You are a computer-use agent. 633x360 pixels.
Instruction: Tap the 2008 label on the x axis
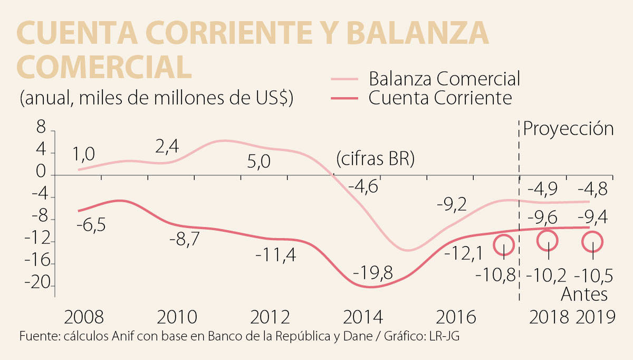click(x=84, y=317)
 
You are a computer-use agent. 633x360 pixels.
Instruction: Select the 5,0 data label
click(x=258, y=160)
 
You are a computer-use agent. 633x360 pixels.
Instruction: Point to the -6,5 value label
click(x=91, y=225)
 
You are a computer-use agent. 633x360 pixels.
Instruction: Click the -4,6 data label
click(x=364, y=187)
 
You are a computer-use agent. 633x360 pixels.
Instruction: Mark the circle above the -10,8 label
click(x=504, y=244)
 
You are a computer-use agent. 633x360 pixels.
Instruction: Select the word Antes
click(x=584, y=294)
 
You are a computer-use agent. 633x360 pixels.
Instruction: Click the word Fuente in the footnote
click(x=36, y=336)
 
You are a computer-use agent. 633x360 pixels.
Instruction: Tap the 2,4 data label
click(x=167, y=147)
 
